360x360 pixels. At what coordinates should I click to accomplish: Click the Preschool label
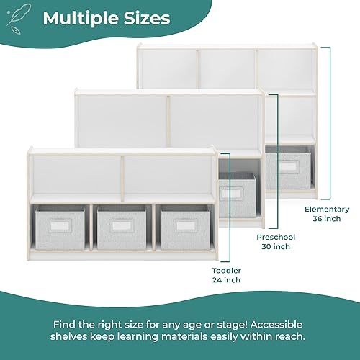point(274,236)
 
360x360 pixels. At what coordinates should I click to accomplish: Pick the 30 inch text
point(274,246)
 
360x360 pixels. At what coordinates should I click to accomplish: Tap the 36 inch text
point(322,219)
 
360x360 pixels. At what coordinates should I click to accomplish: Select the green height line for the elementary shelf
point(329,122)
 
